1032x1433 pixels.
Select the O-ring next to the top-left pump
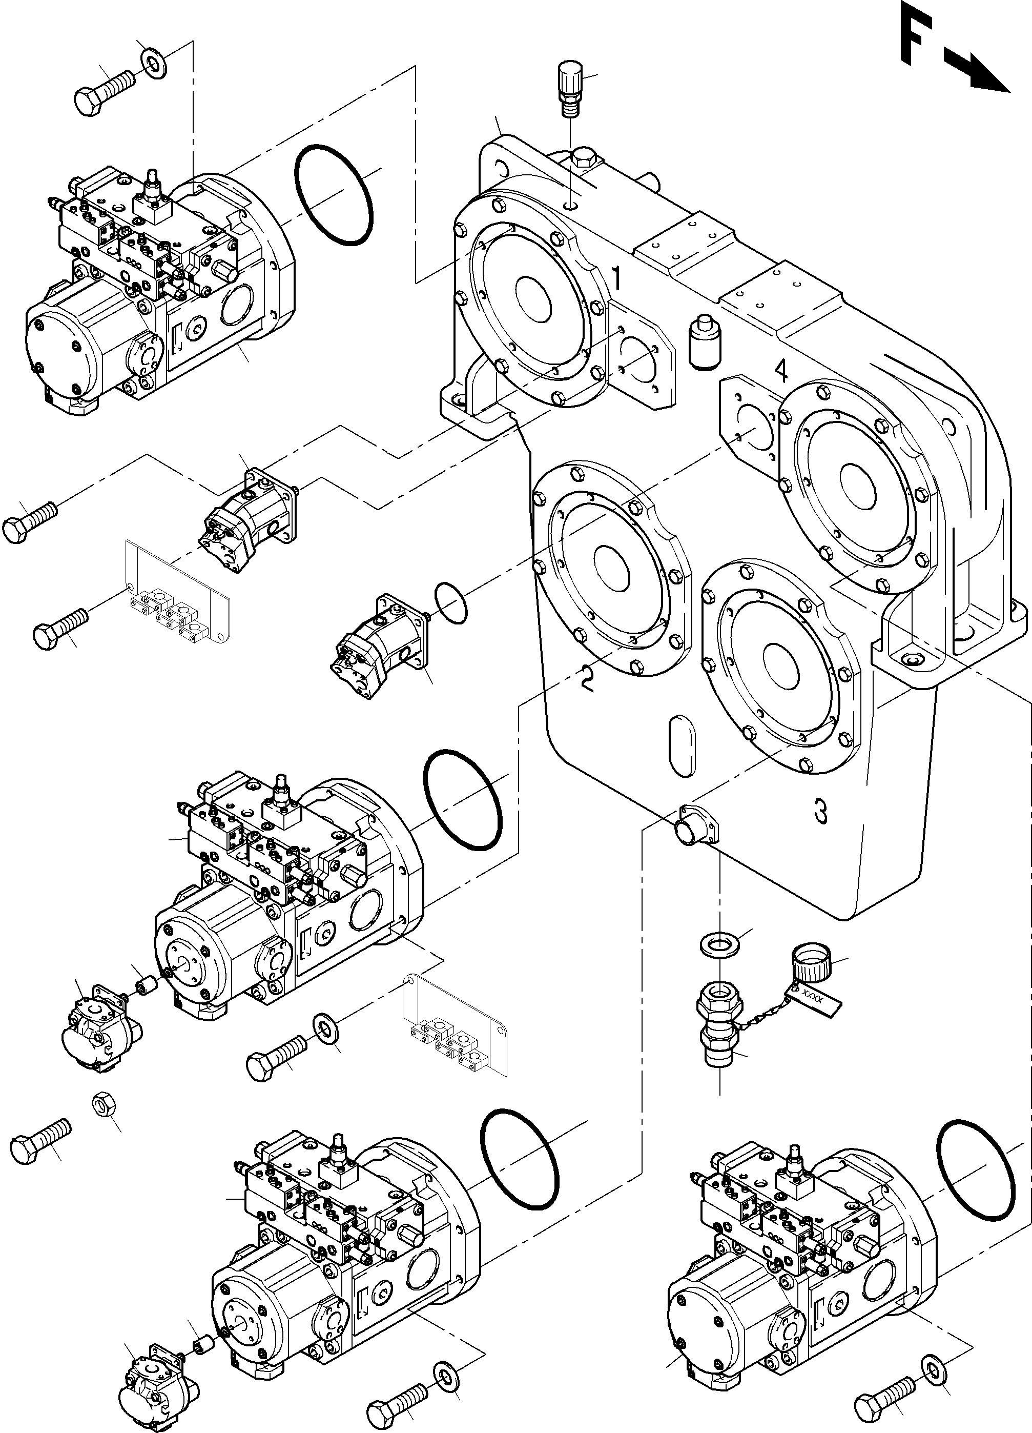[333, 195]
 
